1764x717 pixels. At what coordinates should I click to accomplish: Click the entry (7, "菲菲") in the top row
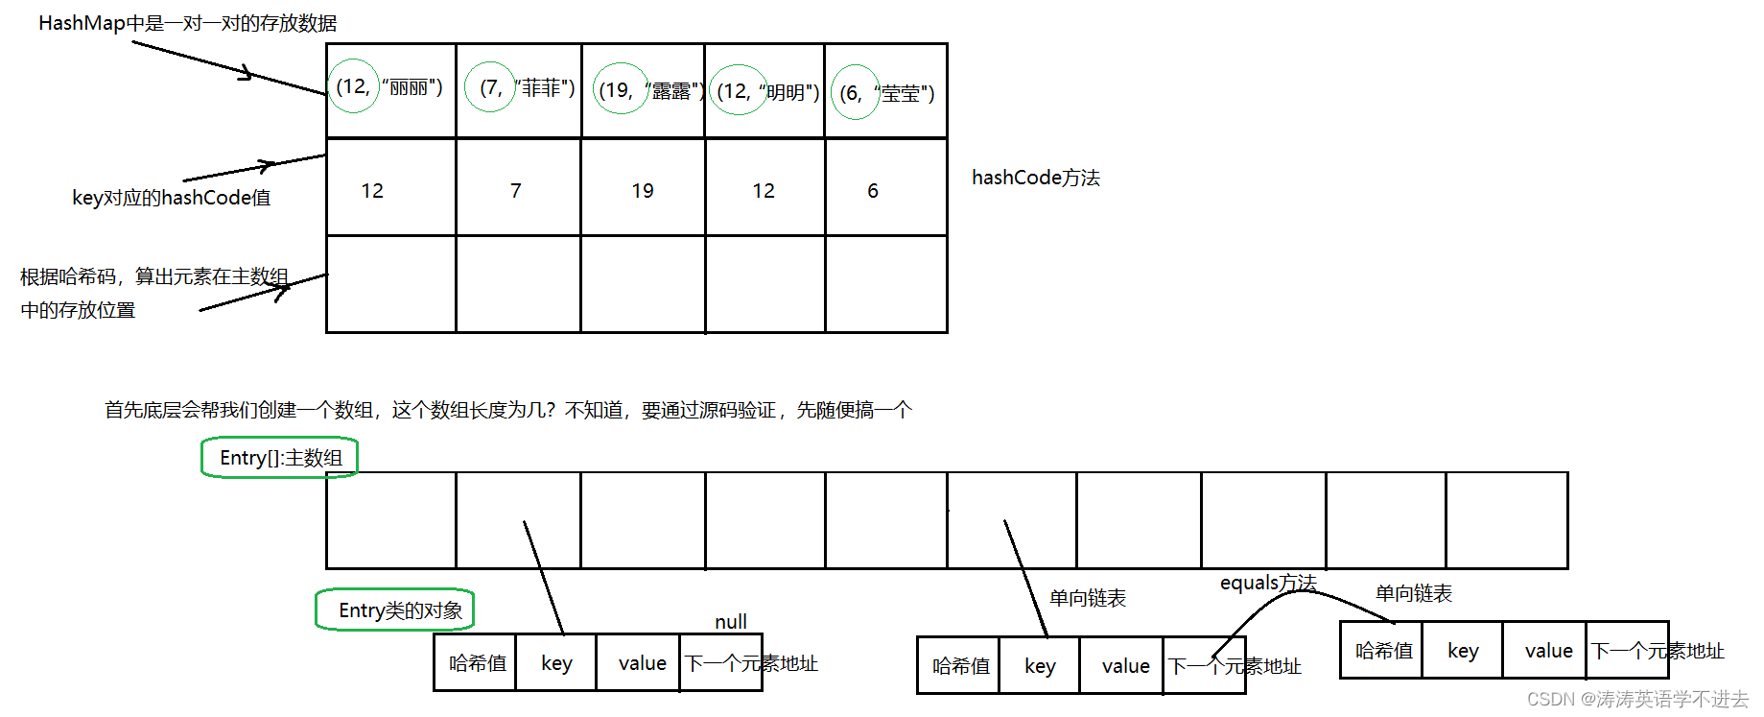pyautogui.click(x=519, y=88)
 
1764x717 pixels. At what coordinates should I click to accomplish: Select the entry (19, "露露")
pyautogui.click(x=645, y=91)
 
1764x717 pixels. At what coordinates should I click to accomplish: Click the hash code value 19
pyautogui.click(x=643, y=191)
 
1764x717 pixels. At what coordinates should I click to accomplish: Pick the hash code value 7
pyautogui.click(x=516, y=191)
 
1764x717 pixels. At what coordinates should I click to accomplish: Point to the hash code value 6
pyautogui.click(x=873, y=191)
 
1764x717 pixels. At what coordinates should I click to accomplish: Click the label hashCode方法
pyautogui.click(x=1036, y=178)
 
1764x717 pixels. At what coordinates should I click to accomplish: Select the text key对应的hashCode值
pyautogui.click(x=172, y=198)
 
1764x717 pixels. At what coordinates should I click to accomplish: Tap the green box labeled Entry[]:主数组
pyautogui.click(x=280, y=458)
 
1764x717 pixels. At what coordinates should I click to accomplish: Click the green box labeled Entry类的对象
pyautogui.click(x=396, y=610)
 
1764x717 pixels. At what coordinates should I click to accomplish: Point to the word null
pyautogui.click(x=731, y=622)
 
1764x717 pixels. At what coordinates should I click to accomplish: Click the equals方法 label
pyautogui.click(x=1268, y=583)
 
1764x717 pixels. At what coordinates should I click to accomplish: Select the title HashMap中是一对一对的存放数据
pyautogui.click(x=187, y=23)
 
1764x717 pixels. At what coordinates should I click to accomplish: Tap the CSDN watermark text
pyautogui.click(x=1637, y=699)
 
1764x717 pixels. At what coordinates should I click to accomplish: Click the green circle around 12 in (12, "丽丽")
pyautogui.click(x=353, y=86)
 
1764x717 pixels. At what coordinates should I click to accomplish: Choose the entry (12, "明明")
pyautogui.click(x=766, y=91)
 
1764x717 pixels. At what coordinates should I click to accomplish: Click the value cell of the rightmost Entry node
pyautogui.click(x=1548, y=651)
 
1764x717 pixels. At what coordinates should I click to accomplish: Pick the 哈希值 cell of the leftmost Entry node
pyautogui.click(x=477, y=663)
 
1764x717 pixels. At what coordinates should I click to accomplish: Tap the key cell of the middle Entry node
pyautogui.click(x=1040, y=666)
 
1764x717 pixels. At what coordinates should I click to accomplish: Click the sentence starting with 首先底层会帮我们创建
pyautogui.click(x=508, y=410)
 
